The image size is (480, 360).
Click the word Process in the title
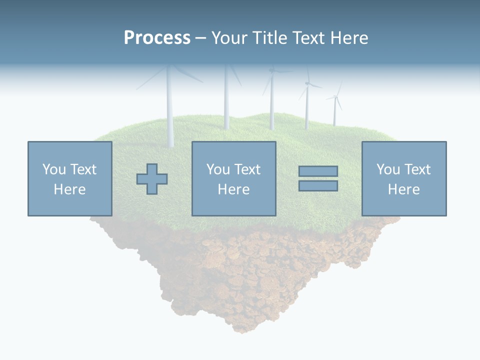(157, 38)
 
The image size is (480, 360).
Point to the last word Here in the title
(348, 38)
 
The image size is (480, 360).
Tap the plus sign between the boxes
(152, 179)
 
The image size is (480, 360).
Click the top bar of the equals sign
(318, 171)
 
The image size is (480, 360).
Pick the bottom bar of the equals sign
(318, 186)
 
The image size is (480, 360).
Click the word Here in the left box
(69, 189)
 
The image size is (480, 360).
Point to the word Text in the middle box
(247, 169)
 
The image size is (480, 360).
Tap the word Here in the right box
(403, 189)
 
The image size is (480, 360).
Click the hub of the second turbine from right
(307, 84)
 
